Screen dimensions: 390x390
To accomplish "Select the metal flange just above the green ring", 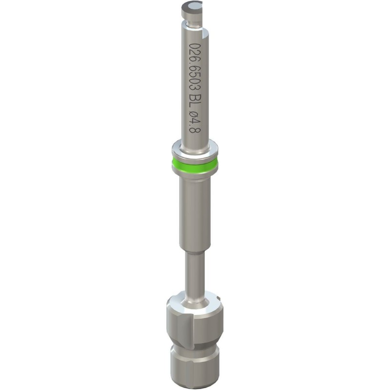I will [195, 149].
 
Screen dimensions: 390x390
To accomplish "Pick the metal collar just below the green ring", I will [195, 176].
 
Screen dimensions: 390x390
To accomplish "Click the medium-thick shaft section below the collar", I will [195, 214].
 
